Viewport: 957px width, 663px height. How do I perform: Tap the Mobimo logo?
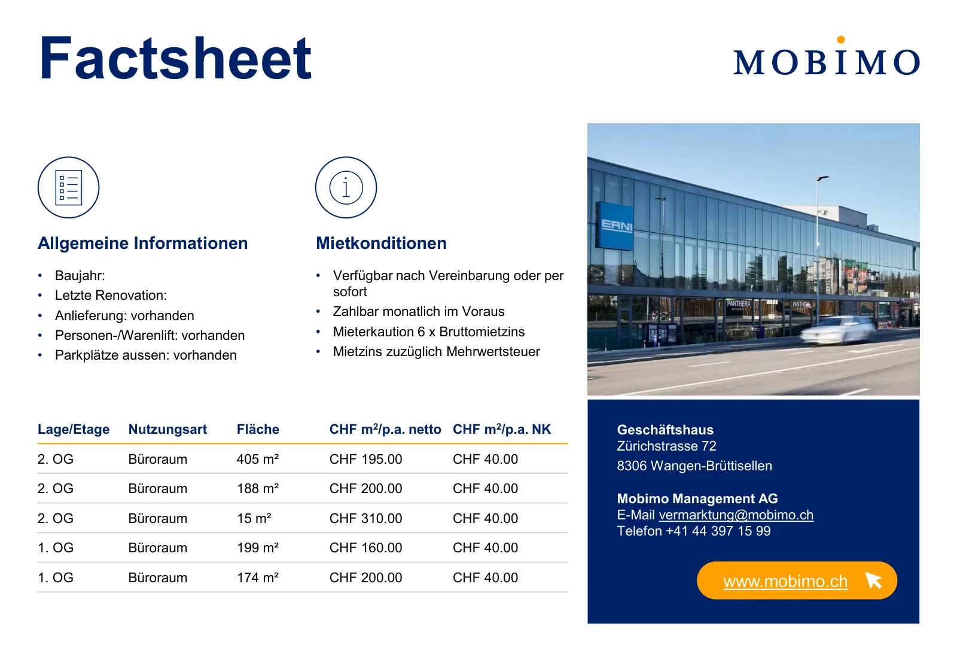(x=826, y=57)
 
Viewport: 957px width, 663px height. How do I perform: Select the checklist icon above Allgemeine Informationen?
(x=68, y=187)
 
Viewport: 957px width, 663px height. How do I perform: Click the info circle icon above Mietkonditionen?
(x=346, y=187)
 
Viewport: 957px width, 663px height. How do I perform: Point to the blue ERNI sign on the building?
(x=615, y=226)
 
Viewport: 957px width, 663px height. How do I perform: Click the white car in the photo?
(x=838, y=330)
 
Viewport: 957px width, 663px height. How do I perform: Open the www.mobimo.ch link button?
(x=797, y=580)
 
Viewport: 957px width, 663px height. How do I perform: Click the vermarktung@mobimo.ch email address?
(x=736, y=515)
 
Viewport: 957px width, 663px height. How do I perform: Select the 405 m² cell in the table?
(x=258, y=459)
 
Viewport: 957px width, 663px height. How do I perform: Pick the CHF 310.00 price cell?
(x=365, y=518)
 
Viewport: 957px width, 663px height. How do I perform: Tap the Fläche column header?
(x=258, y=429)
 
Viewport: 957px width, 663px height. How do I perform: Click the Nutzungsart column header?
(x=167, y=429)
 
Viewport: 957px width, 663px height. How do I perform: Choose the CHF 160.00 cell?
(x=365, y=548)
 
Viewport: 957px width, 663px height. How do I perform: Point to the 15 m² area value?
(x=254, y=518)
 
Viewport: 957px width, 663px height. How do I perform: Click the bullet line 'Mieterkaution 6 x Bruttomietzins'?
(x=428, y=331)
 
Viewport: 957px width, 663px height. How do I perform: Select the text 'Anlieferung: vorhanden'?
(x=124, y=315)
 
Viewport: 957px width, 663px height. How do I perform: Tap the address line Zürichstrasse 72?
(x=666, y=446)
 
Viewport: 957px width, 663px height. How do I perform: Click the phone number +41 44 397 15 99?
(x=718, y=531)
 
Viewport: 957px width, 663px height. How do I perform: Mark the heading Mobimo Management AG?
(x=697, y=498)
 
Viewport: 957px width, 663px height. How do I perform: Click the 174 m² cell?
(x=258, y=577)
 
